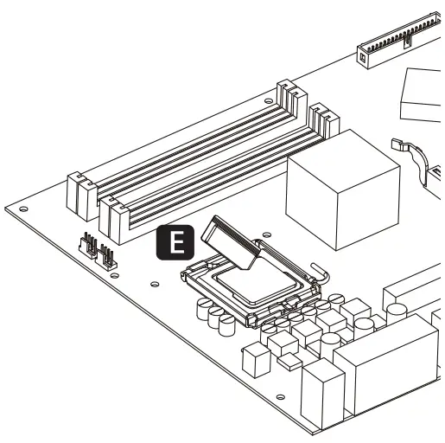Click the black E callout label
tap(175, 243)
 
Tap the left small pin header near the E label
tap(88, 245)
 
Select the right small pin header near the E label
tap(107, 254)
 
